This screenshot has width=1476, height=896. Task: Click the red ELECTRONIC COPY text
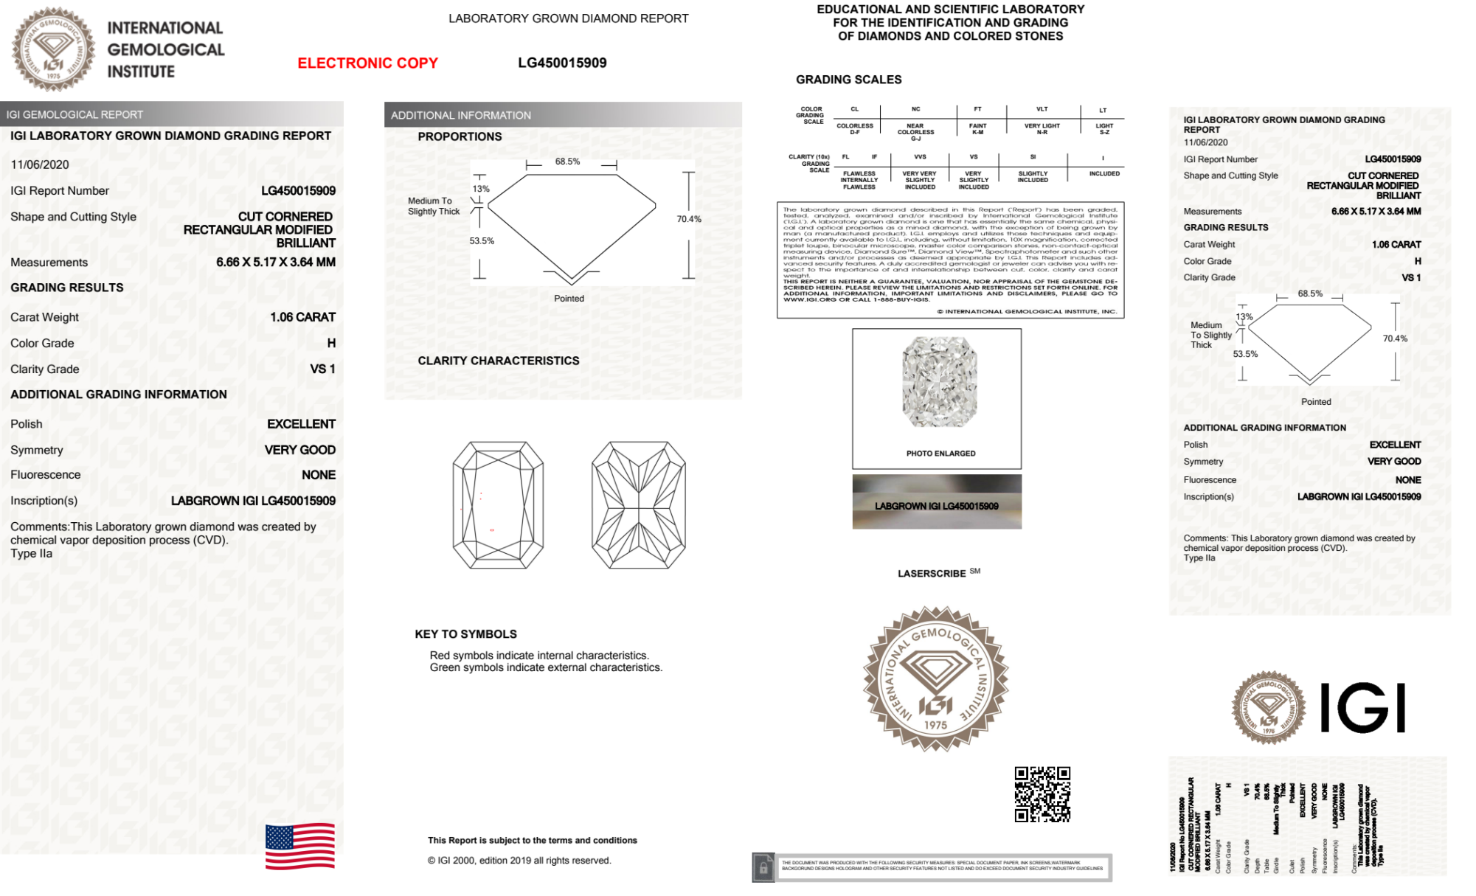tap(367, 63)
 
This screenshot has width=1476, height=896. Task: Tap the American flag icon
tap(300, 846)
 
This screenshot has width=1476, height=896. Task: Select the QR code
tap(1042, 794)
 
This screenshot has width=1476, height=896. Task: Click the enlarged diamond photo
tap(939, 382)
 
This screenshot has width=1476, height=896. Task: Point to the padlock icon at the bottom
tap(763, 868)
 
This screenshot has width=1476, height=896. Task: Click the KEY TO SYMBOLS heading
tap(465, 634)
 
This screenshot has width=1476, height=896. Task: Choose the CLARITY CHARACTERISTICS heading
tap(498, 361)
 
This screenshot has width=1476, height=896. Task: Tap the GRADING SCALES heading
tap(848, 80)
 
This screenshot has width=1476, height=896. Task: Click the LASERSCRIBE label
tap(932, 574)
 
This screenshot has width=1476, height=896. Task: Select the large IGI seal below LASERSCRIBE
tap(936, 678)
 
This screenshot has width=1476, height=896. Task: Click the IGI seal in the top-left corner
tap(53, 49)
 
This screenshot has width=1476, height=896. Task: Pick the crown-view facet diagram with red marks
tap(498, 505)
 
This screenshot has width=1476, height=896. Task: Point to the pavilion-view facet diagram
tap(639, 505)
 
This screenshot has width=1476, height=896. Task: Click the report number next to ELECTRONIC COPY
tap(562, 63)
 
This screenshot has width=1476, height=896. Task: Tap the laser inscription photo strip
tap(937, 502)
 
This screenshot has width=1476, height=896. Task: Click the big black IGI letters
tap(1362, 708)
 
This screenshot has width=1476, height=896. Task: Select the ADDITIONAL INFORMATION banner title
tap(461, 116)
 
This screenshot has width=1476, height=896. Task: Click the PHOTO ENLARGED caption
tap(940, 454)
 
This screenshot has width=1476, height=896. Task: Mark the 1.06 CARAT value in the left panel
tap(302, 317)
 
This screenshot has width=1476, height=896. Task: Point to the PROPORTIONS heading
tap(460, 136)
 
